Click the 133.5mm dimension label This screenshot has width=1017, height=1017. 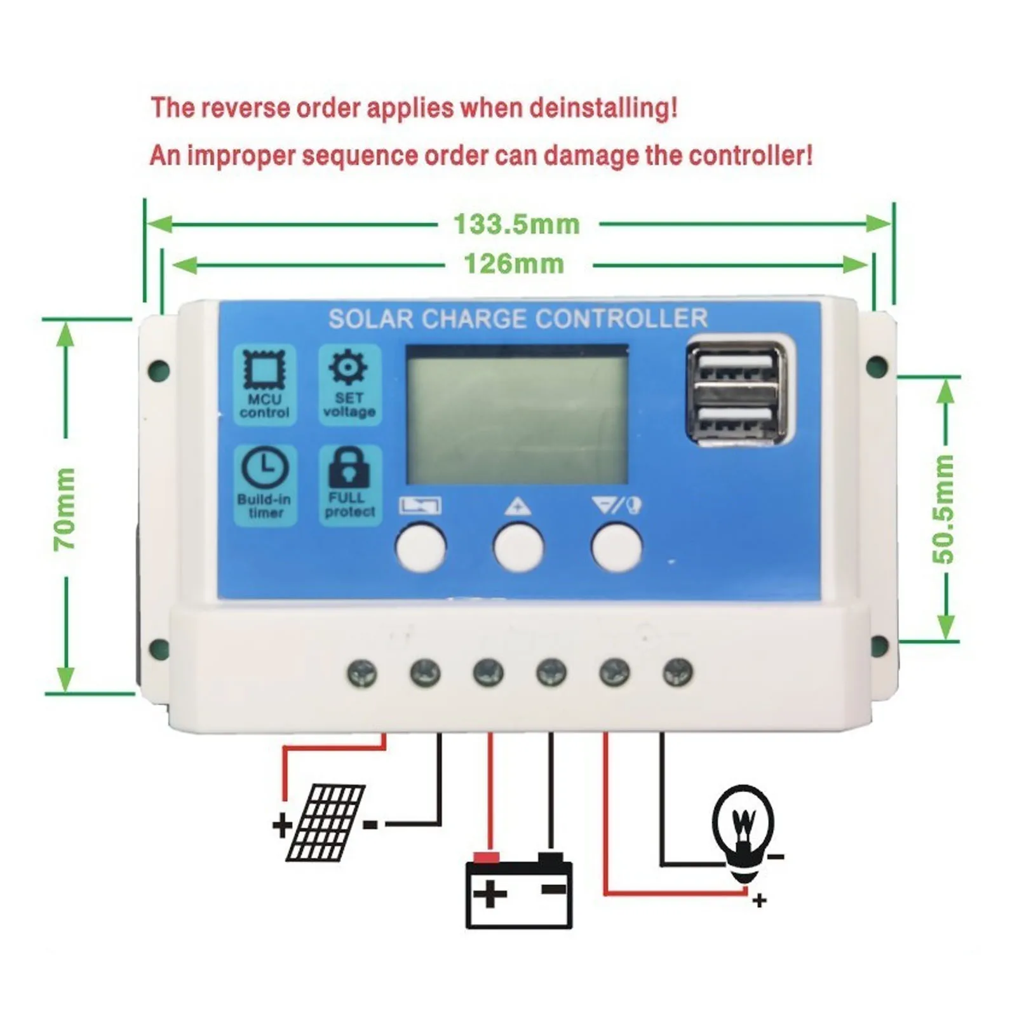tap(516, 224)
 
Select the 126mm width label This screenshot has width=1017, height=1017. tap(514, 264)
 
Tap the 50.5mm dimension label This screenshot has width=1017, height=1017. tap(944, 508)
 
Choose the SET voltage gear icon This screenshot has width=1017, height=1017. tap(348, 368)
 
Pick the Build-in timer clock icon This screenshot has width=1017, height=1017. tap(265, 469)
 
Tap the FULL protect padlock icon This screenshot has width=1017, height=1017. tap(349, 468)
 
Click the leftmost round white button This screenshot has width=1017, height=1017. tap(421, 547)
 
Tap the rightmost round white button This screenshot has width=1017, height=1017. tap(616, 547)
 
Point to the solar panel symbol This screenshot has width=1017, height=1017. tap(325, 823)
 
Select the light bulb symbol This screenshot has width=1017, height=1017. tap(743, 826)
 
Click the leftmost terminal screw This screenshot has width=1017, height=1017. tap(362, 673)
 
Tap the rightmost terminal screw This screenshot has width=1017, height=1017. tap(678, 671)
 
